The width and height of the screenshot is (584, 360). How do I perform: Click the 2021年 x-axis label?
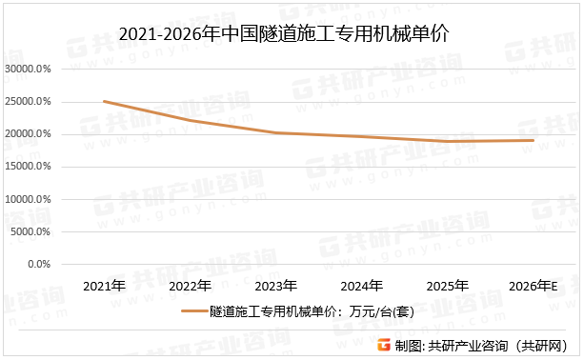pyautogui.click(x=104, y=286)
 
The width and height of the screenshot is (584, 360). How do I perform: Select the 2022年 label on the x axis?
pyautogui.click(x=190, y=286)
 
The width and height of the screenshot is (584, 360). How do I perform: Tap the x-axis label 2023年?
pyautogui.click(x=275, y=286)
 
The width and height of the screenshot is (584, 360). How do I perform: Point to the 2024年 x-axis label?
pyautogui.click(x=362, y=286)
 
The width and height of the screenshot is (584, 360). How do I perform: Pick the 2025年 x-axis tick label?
pyautogui.click(x=448, y=286)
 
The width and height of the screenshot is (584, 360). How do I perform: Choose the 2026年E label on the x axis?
pyautogui.click(x=534, y=286)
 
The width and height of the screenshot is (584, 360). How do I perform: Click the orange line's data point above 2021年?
pyautogui.click(x=104, y=102)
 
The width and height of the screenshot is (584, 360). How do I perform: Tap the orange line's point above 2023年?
pyautogui.click(x=275, y=132)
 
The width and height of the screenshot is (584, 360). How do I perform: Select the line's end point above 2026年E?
pyautogui.click(x=534, y=140)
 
